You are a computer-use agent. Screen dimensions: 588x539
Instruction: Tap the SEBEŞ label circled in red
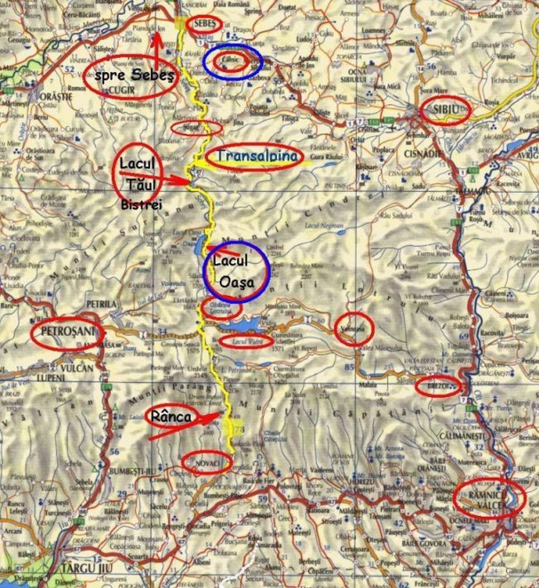[x=204, y=24]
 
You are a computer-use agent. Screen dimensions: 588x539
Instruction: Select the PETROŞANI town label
[x=66, y=331]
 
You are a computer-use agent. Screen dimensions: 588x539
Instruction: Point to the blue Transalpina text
[x=257, y=156]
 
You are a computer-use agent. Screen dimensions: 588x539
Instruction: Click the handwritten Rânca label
[x=171, y=416]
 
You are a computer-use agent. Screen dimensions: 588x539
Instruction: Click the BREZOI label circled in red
[x=438, y=386]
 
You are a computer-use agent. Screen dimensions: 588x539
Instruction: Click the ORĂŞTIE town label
[x=56, y=97]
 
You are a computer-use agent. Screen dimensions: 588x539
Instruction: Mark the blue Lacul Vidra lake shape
[x=240, y=324]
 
